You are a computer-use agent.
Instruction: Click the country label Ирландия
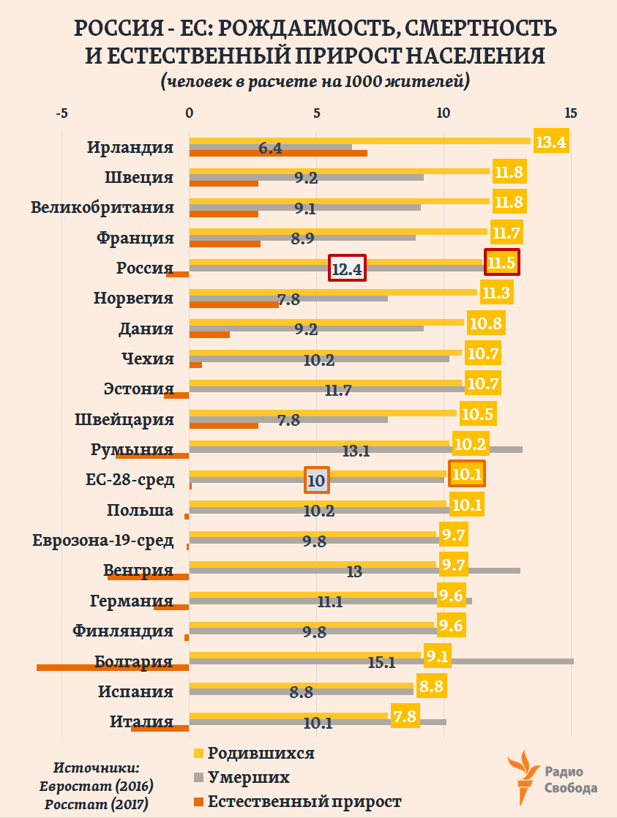pos(130,146)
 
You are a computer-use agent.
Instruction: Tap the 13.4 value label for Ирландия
pos(550,142)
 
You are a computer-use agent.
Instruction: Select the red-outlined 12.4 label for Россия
pos(347,269)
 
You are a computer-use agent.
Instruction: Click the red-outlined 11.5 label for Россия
pos(502,262)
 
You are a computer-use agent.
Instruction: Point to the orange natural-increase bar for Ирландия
pos(278,153)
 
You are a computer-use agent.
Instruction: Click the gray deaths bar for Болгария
pos(498,661)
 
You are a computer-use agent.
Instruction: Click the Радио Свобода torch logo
pos(526,778)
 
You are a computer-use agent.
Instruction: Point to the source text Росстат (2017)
pos(97,803)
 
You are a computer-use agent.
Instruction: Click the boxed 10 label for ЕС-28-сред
pos(317,481)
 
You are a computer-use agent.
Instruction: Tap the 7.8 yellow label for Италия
pos(404,716)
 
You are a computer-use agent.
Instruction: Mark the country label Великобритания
pos(102,207)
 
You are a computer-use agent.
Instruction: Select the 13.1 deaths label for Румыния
pos(355,451)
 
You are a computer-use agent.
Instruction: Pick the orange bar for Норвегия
pos(233,304)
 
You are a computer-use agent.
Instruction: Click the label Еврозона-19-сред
pos(103,541)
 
